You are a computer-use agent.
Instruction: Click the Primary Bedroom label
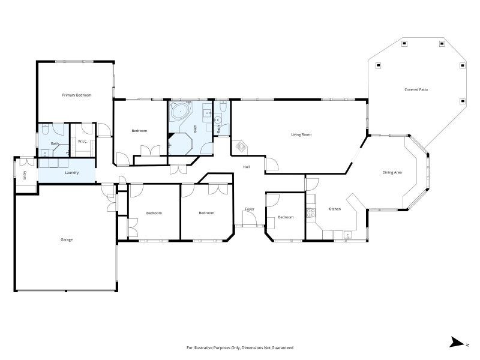77,95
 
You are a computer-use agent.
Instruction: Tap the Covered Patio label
416,89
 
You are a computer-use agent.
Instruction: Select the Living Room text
301,134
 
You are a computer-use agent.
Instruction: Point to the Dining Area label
392,173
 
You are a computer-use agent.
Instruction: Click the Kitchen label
335,209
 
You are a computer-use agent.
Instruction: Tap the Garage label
67,239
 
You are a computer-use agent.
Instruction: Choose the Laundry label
72,173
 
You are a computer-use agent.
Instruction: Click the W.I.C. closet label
83,142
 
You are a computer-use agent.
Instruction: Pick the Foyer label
250,209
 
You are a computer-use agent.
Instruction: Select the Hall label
247,167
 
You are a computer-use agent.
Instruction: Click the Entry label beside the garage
25,175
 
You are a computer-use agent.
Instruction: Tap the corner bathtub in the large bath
181,112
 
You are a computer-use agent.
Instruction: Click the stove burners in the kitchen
311,213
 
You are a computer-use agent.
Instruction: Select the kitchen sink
347,235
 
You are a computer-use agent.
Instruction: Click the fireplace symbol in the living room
241,146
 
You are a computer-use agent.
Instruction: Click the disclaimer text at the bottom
240,348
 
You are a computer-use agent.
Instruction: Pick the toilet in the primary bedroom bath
44,130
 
